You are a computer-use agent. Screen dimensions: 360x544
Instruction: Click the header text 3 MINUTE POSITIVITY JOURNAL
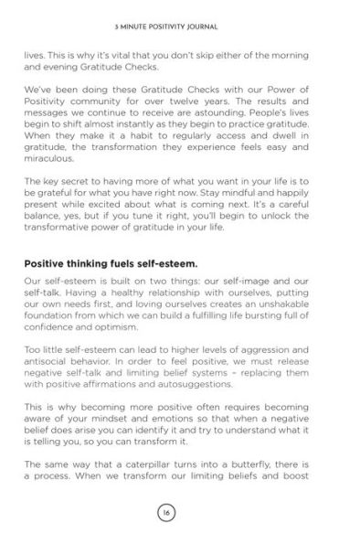(x=180, y=18)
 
